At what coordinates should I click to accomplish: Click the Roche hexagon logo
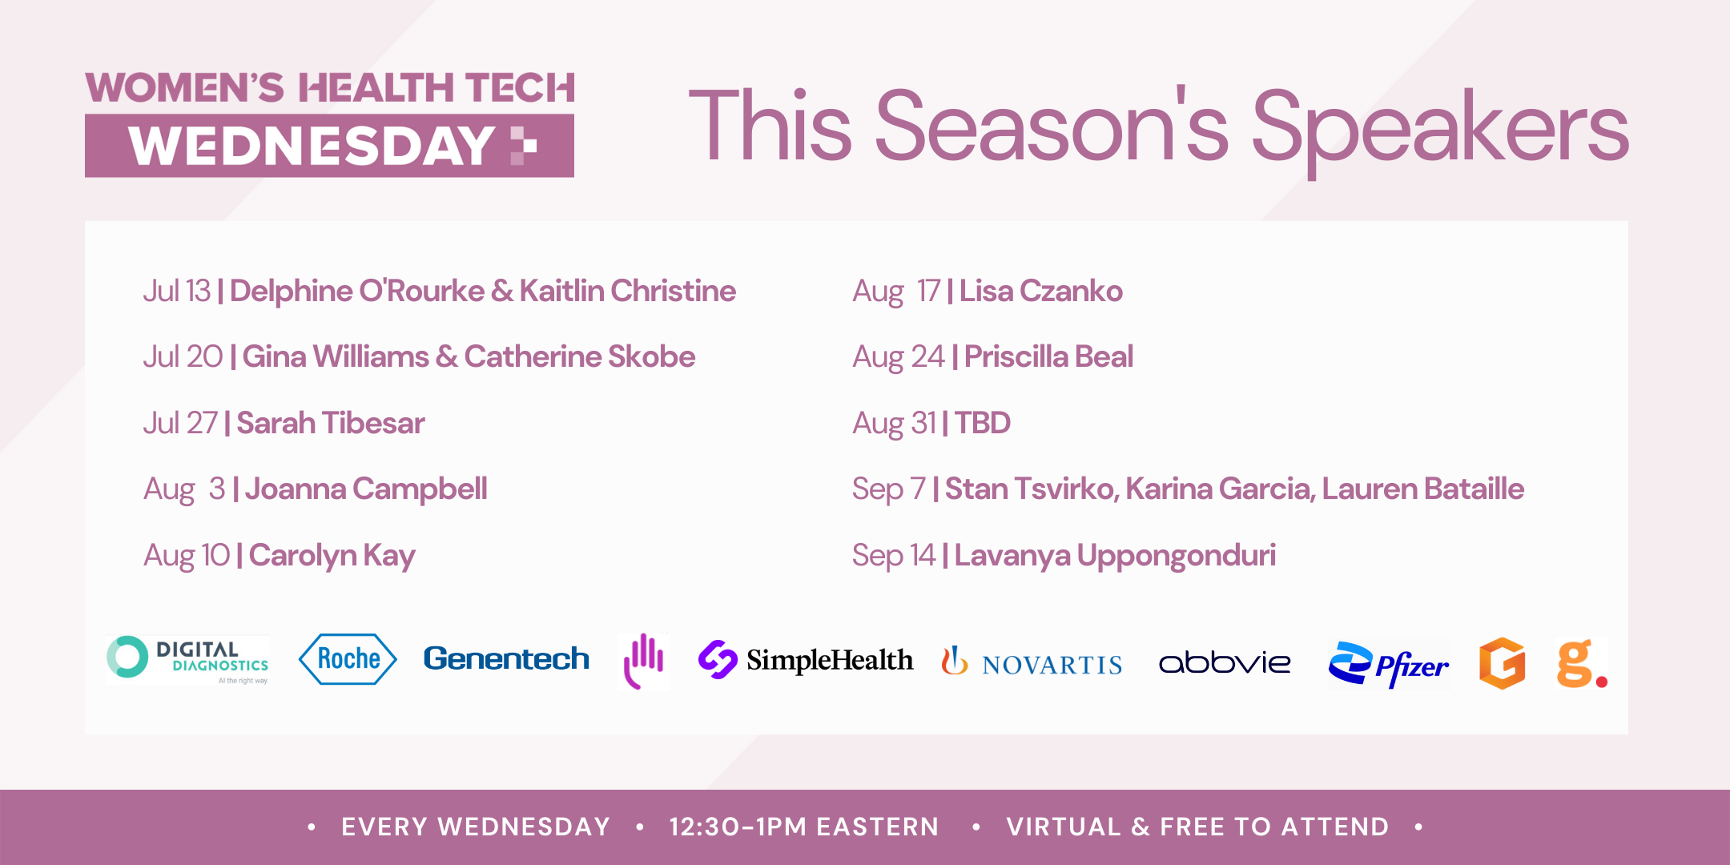[348, 659]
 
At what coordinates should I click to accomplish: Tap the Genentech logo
[506, 658]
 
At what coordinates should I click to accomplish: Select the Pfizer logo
[1389, 664]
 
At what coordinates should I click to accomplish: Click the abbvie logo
[1225, 662]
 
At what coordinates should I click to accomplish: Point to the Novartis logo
[1032, 662]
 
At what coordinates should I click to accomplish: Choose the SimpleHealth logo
[805, 660]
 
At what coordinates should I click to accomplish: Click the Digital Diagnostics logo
[187, 660]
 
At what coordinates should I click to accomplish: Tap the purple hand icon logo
[644, 661]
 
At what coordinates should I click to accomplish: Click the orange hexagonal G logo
[1502, 663]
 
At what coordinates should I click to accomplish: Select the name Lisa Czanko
[1040, 291]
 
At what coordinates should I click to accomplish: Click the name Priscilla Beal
[1048, 357]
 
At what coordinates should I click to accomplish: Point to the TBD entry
[982, 423]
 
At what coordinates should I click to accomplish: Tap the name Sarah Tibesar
[330, 423]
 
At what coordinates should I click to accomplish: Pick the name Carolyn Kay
[332, 556]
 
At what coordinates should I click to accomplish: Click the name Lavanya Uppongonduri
[1115, 556]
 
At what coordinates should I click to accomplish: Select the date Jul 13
[176, 291]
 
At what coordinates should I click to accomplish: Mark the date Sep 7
[888, 489]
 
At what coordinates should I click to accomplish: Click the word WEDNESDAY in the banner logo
[312, 146]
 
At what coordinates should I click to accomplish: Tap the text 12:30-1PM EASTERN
[804, 827]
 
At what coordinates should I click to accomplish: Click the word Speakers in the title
[1439, 127]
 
